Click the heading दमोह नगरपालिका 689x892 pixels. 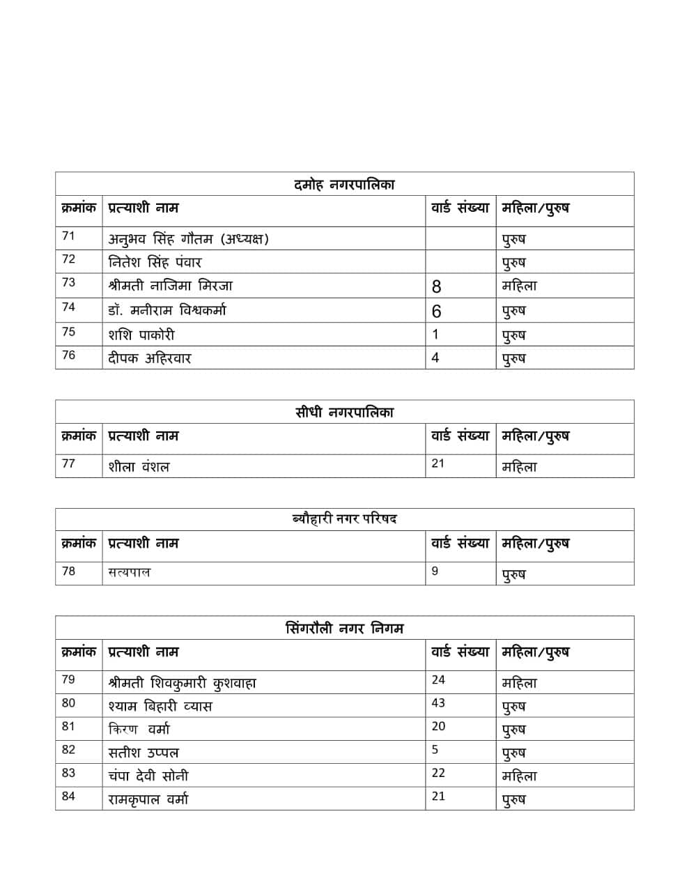coord(344,185)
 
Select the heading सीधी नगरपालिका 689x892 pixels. coord(344,413)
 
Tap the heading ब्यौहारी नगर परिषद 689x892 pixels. coord(344,519)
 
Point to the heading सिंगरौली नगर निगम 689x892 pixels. coord(344,629)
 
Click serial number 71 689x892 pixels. coord(68,236)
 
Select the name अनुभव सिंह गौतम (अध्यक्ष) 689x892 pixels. coord(188,239)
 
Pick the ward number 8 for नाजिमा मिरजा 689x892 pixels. coord(437,286)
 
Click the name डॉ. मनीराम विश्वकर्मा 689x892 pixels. coord(167,310)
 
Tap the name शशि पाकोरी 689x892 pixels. coord(141,334)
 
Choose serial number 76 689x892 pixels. coord(68,355)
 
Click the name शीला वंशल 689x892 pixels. coord(139,467)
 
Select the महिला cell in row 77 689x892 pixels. coord(519,467)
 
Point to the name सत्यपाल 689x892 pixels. coord(129,573)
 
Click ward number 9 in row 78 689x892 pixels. coord(435,571)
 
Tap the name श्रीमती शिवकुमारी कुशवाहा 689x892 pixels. coord(182,683)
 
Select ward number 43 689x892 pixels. coord(438,703)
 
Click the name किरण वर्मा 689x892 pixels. coord(139,730)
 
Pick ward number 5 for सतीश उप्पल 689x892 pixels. coord(435,750)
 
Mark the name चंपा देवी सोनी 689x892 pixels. coord(148,776)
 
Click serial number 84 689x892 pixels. coord(68,797)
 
